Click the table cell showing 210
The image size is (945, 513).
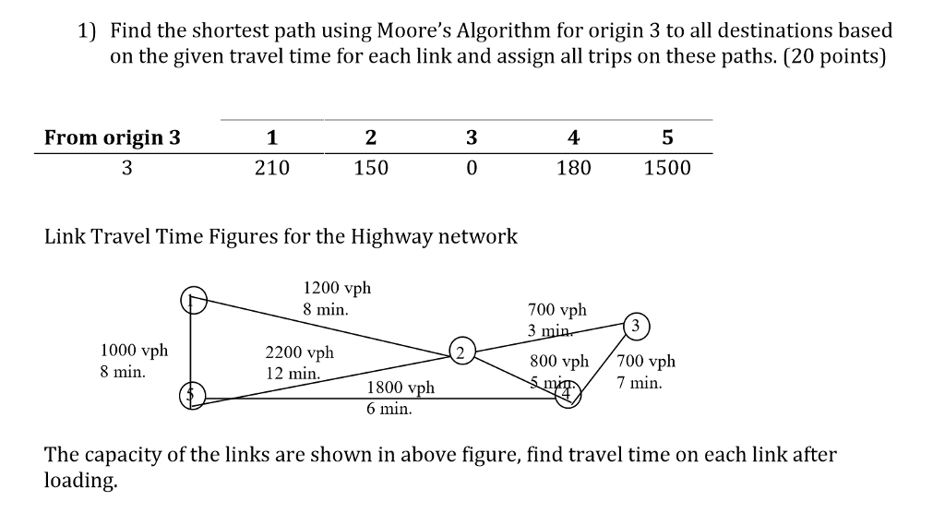click(271, 168)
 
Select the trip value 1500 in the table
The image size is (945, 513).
click(667, 168)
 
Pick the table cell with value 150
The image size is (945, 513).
click(371, 168)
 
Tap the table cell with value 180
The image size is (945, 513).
click(573, 168)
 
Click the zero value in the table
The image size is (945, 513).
click(472, 168)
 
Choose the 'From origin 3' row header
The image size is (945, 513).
click(113, 138)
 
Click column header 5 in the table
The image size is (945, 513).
click(667, 138)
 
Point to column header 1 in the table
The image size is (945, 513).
click(271, 138)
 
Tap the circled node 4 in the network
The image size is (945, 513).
click(567, 398)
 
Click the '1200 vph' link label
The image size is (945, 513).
click(337, 288)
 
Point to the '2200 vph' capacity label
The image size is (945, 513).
click(300, 352)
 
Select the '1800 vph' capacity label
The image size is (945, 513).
click(401, 389)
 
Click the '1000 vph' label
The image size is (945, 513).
click(134, 351)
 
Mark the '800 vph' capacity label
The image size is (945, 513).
click(559, 362)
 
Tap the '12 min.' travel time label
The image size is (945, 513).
click(293, 374)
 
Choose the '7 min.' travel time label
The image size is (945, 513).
click(640, 382)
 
